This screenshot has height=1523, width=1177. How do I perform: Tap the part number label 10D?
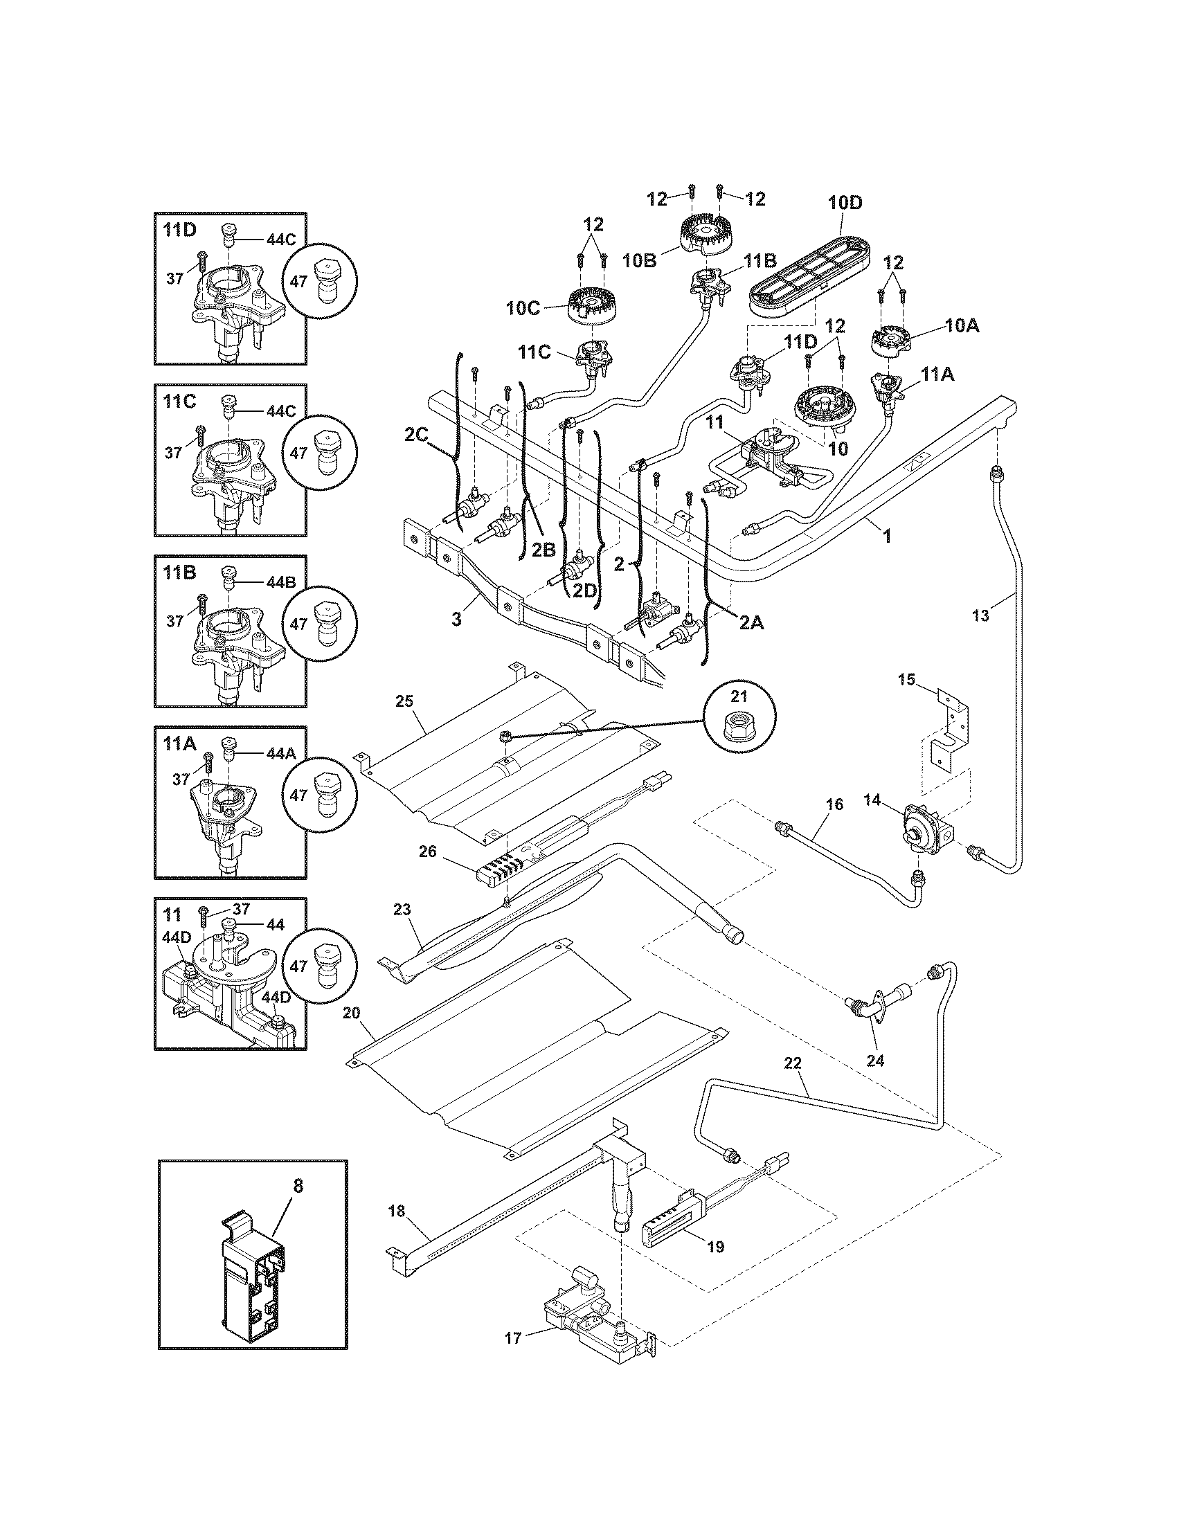(x=845, y=204)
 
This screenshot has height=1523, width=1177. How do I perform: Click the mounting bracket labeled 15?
(x=949, y=732)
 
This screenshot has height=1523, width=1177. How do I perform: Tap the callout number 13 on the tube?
(x=980, y=615)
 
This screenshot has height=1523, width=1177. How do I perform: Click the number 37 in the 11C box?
(x=174, y=453)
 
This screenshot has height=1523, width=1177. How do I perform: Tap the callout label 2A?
(x=751, y=624)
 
